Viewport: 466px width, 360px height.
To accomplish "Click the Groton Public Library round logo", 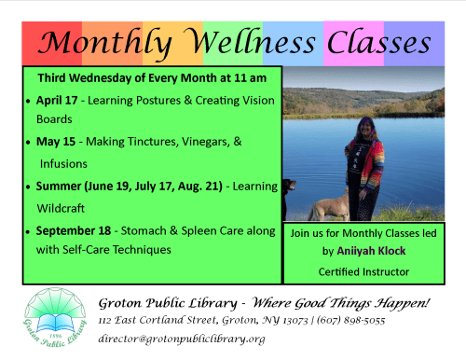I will tap(54, 318).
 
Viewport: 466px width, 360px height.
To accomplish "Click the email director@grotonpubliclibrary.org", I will tap(181, 339).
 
